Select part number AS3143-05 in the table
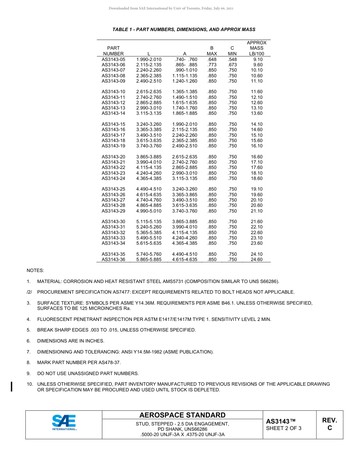point(113,59)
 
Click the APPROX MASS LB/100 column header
point(257,48)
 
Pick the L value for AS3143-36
point(149,260)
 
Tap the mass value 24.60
point(257,260)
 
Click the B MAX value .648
point(212,59)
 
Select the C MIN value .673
point(232,65)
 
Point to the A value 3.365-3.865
point(185,195)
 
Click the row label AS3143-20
point(113,157)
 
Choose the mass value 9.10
point(258,59)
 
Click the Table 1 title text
point(184,30)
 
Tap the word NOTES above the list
point(35,271)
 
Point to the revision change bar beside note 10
point(12,386)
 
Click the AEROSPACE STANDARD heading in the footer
point(182,415)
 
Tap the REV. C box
point(329,424)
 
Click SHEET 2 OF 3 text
point(284,428)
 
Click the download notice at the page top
point(171,8)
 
